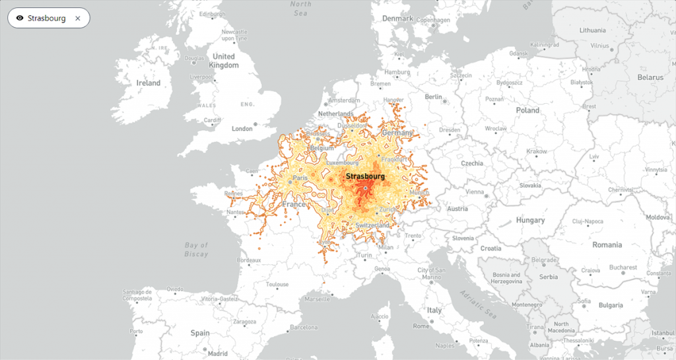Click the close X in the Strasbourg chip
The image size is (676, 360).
(77, 18)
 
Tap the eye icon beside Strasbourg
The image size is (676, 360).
(20, 18)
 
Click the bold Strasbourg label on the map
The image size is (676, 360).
(365, 176)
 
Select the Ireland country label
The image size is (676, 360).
(148, 83)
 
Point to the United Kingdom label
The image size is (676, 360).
(224, 61)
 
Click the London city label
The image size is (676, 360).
(242, 128)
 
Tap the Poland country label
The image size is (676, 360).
(527, 110)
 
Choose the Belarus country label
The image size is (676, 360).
(650, 77)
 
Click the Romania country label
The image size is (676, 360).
(607, 244)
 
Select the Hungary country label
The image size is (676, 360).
(530, 220)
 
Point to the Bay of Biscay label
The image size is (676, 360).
(196, 250)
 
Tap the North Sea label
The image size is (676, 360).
(300, 8)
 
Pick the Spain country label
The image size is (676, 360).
(199, 333)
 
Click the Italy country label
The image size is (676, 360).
(434, 310)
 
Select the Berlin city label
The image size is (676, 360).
(433, 96)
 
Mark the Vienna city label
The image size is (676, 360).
(475, 192)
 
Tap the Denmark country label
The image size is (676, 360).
(397, 18)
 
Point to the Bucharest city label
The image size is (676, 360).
(623, 268)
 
